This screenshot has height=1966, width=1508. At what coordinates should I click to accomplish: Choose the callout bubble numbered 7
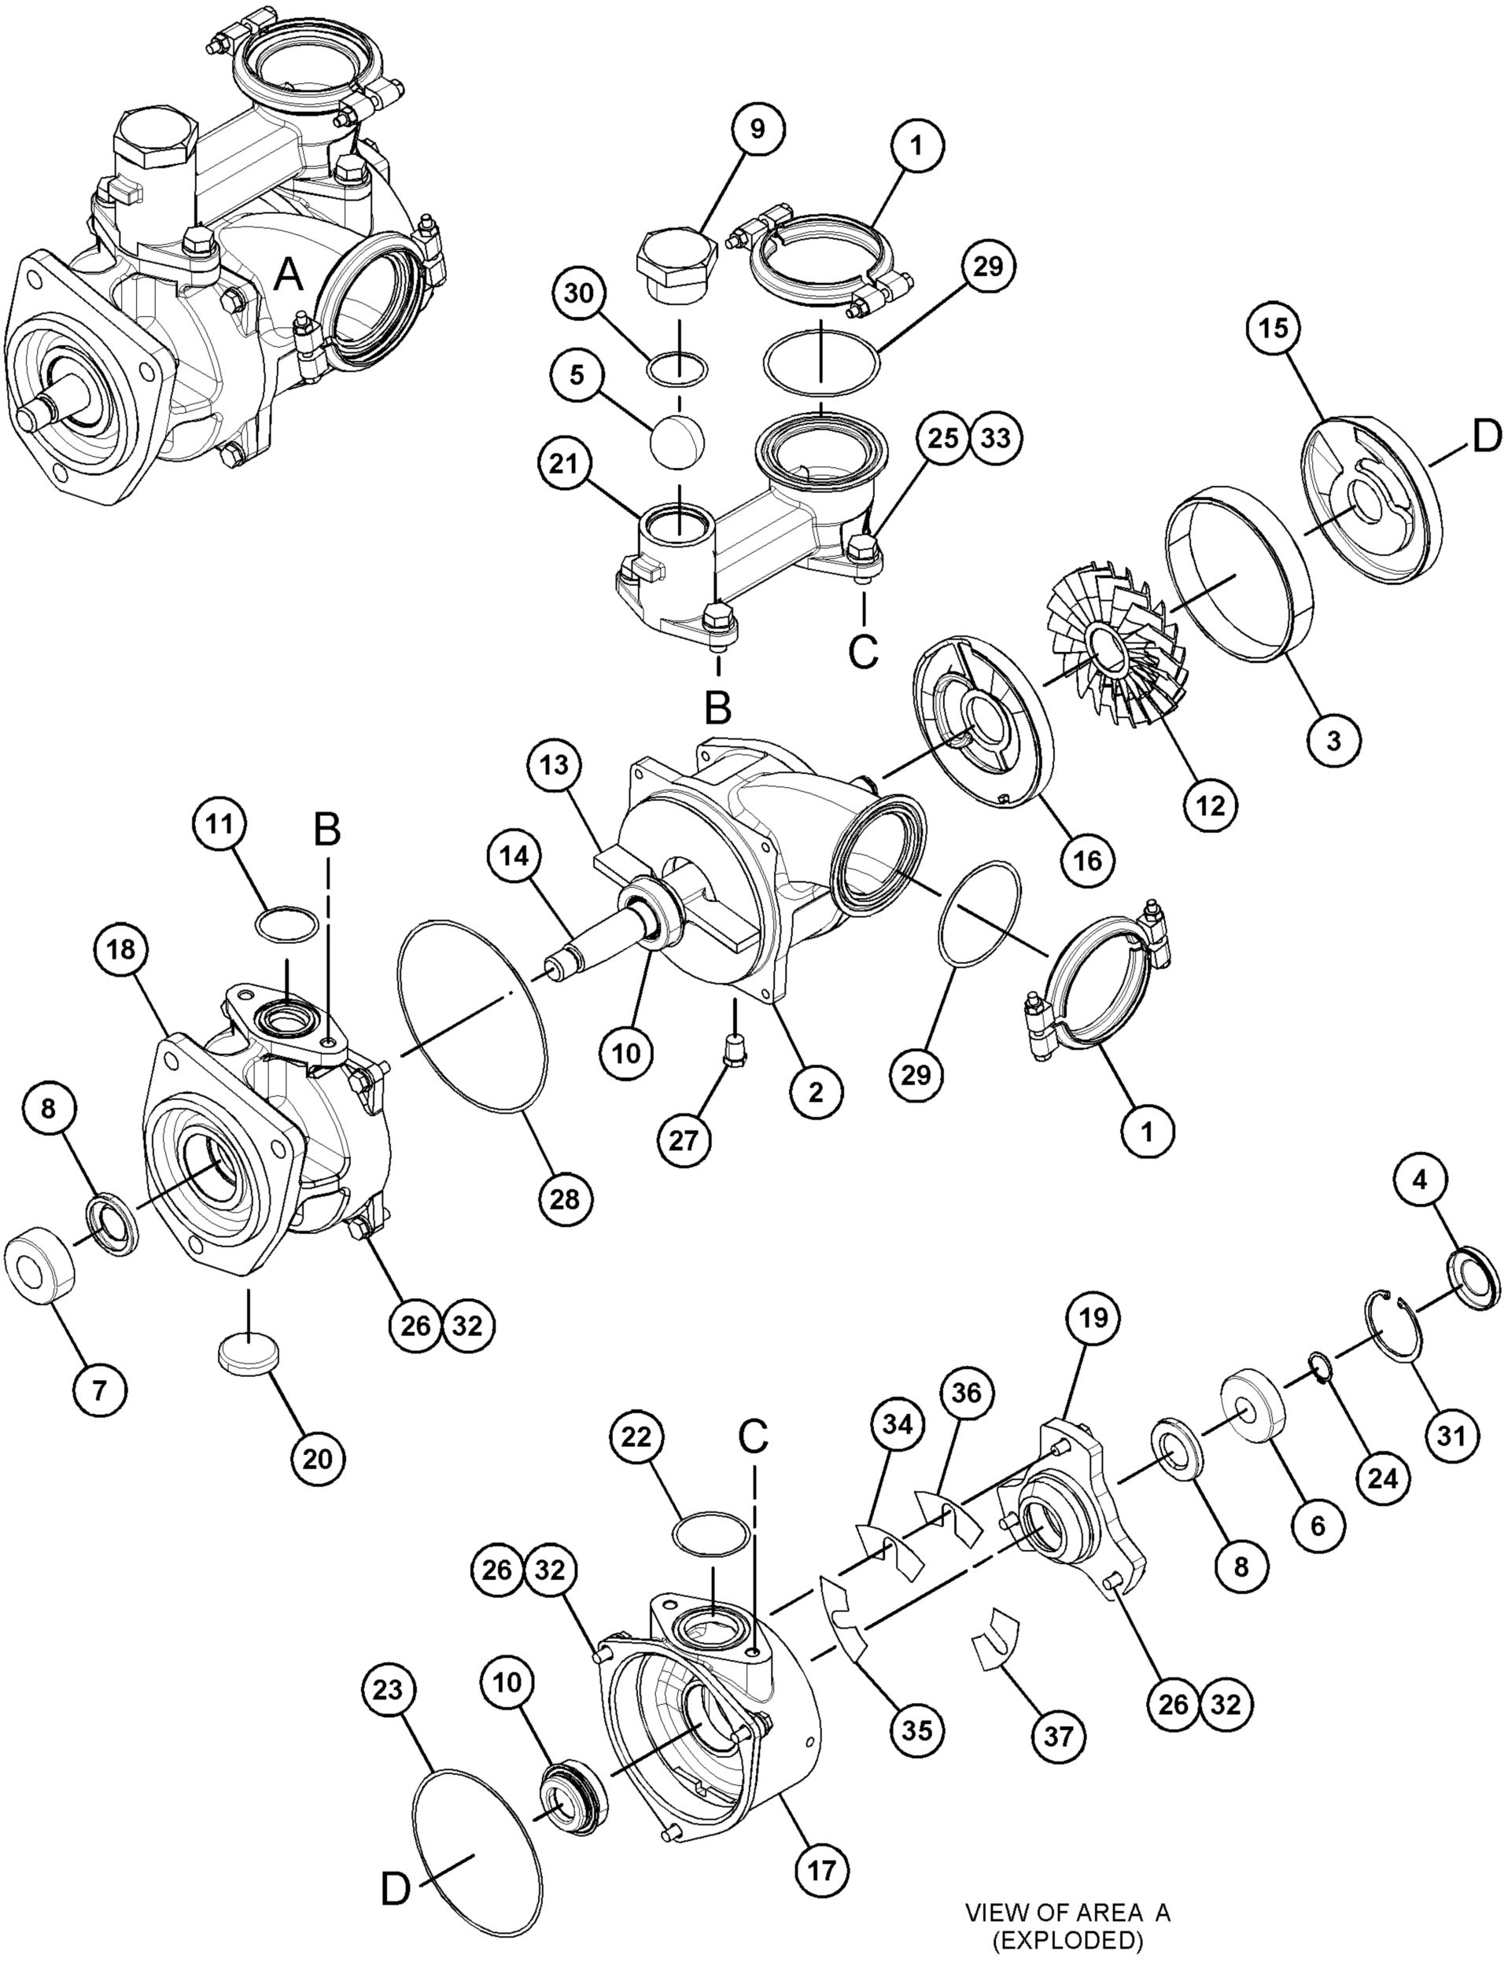click(x=100, y=1390)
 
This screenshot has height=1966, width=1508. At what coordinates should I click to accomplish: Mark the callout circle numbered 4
click(x=1419, y=1181)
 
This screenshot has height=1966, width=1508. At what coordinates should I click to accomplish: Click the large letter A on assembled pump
click(x=288, y=274)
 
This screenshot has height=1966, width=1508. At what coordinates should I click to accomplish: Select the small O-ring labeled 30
click(x=679, y=368)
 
